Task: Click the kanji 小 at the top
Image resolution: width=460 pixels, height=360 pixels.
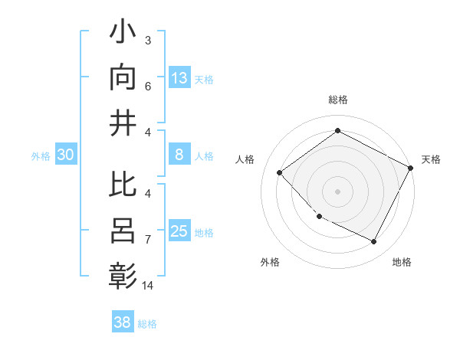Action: pyautogui.click(x=123, y=33)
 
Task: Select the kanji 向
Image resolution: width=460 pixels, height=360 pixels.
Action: pyautogui.click(x=123, y=77)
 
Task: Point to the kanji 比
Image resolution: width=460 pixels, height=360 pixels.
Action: pyautogui.click(x=123, y=186)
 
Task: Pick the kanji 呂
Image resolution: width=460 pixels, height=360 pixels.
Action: pyautogui.click(x=123, y=230)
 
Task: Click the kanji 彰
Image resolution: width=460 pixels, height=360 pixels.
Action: pyautogui.click(x=123, y=274)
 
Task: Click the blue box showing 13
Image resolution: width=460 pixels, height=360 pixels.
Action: pyautogui.click(x=179, y=77)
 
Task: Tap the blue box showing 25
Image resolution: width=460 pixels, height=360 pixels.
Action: pyautogui.click(x=179, y=231)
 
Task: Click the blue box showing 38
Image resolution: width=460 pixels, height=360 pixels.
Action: pyautogui.click(x=123, y=322)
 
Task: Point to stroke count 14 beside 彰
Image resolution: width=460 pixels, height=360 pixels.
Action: pyautogui.click(x=149, y=286)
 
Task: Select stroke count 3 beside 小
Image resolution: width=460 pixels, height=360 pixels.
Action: pyautogui.click(x=147, y=40)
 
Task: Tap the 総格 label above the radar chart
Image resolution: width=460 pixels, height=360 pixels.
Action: pyautogui.click(x=337, y=100)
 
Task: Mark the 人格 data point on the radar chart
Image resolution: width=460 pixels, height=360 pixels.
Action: pyautogui.click(x=280, y=172)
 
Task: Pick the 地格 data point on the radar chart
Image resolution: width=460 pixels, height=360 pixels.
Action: pyautogui.click(x=373, y=241)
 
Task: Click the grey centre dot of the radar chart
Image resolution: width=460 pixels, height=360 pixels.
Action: pyautogui.click(x=337, y=191)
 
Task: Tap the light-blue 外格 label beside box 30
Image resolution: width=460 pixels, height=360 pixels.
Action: pyautogui.click(x=41, y=156)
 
